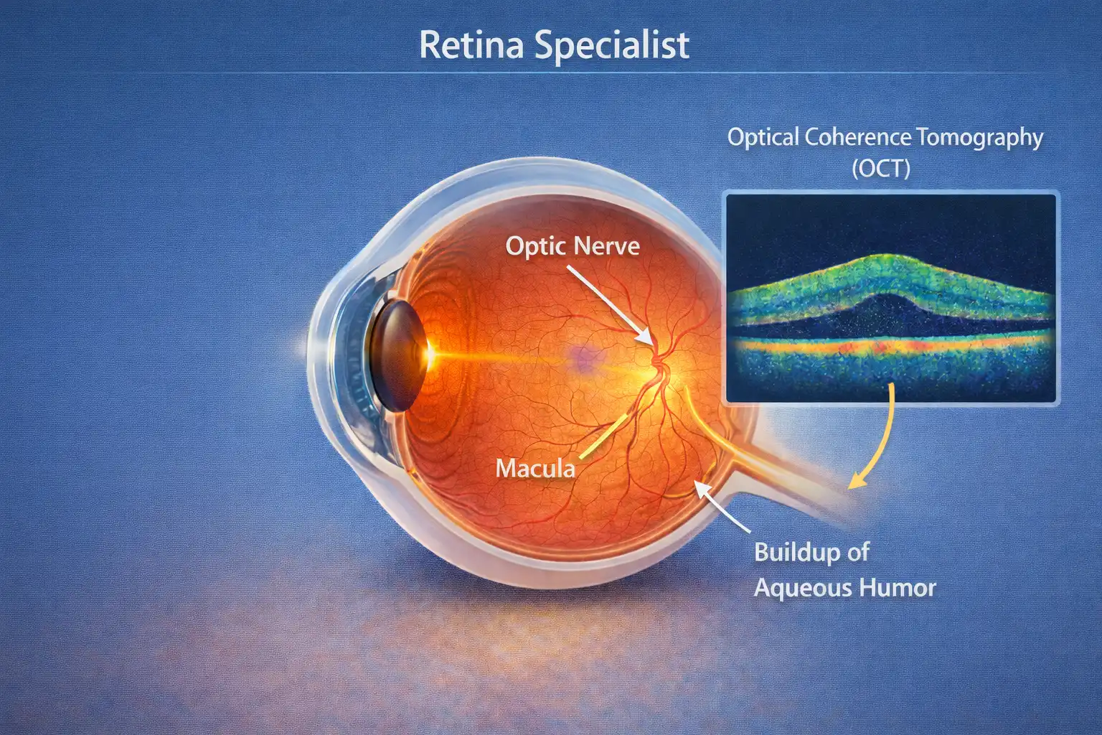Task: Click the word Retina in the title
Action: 474,45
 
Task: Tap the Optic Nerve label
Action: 573,245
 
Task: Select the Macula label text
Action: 535,468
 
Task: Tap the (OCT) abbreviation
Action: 881,169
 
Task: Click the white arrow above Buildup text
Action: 722,507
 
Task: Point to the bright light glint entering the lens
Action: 430,354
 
